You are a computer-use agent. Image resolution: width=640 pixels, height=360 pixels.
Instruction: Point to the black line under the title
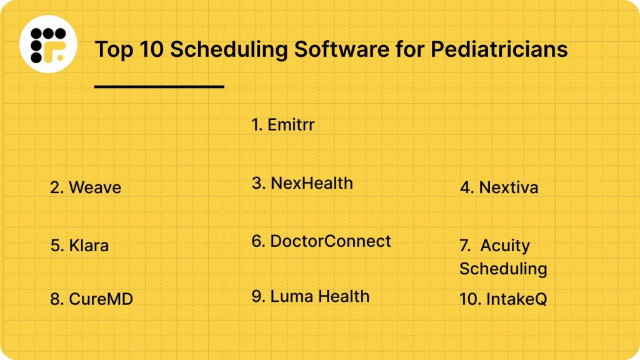[159, 86]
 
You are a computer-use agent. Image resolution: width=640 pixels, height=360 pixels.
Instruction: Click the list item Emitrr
[283, 124]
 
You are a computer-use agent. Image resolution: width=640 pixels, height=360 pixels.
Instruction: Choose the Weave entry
[86, 187]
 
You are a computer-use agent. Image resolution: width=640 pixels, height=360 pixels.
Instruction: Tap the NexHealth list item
[302, 183]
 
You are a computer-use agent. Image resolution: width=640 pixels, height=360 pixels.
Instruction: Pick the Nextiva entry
[499, 187]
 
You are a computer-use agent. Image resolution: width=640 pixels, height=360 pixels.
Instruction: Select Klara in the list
[79, 245]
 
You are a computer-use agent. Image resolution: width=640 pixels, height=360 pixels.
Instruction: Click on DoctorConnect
[321, 241]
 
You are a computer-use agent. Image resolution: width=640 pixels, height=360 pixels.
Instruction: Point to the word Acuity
[505, 246]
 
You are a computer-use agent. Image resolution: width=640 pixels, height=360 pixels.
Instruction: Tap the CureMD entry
[91, 299]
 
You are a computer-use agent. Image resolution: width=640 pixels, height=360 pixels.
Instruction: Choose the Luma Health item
[311, 296]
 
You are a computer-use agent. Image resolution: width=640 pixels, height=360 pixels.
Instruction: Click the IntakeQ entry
[503, 299]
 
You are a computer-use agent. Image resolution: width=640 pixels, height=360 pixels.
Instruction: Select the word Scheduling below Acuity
[503, 268]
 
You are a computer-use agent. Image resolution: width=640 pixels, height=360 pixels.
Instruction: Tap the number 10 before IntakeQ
[469, 299]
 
